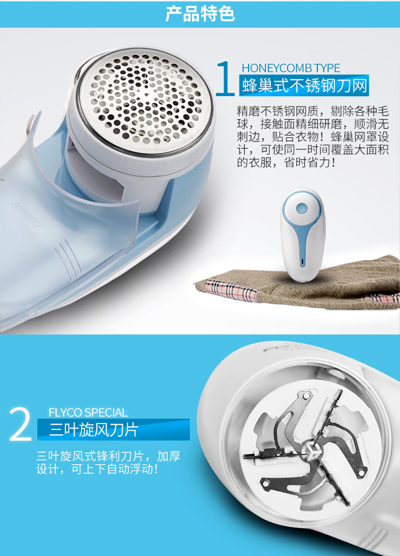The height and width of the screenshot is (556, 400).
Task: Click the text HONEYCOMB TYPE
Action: pos(291,68)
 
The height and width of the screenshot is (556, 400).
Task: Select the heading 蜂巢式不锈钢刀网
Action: pos(305,85)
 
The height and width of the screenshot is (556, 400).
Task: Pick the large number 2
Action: pos(21,425)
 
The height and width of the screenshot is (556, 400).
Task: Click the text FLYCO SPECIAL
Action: pos(88,413)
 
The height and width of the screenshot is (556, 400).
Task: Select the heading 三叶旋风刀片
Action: pos(94,430)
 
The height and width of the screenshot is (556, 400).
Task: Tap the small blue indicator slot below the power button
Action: pos(301,262)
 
